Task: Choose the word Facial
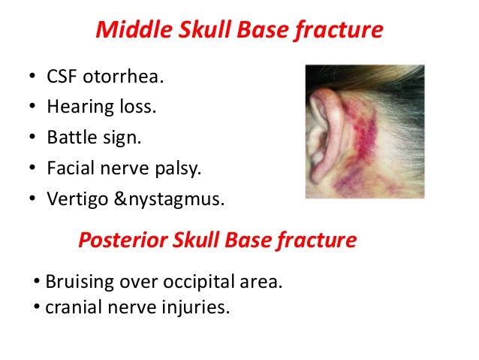coord(69,168)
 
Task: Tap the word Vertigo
coord(77,199)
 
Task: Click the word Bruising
coord(78,283)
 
